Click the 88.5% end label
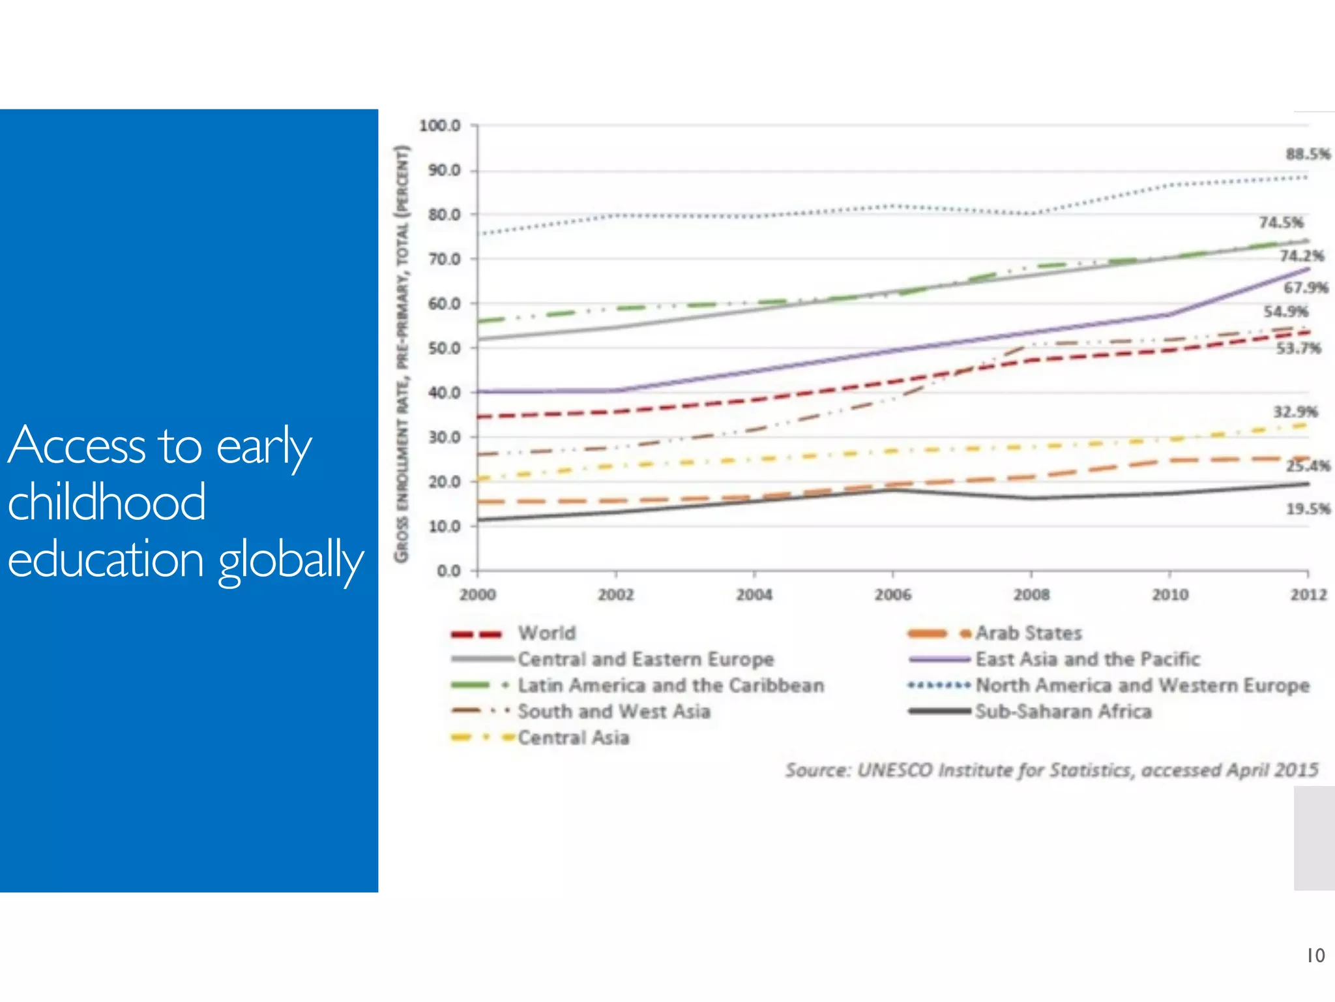[x=1307, y=155]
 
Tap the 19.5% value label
[x=1307, y=509]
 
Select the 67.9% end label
[x=1305, y=288]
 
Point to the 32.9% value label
[x=1295, y=412]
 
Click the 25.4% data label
[x=1307, y=466]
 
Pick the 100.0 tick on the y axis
[x=439, y=125]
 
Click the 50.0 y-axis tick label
[x=444, y=348]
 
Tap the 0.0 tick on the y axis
[x=448, y=571]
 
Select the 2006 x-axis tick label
[x=892, y=595]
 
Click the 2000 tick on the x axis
[x=477, y=595]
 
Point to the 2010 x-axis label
[x=1169, y=595]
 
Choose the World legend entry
[x=546, y=633]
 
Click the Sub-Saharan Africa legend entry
[x=1063, y=712]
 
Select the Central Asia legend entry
[x=573, y=738]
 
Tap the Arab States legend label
[x=1028, y=633]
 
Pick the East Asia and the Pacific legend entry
[x=1087, y=660]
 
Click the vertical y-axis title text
[x=402, y=352]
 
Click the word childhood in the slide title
[x=106, y=502]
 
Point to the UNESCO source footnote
[x=1051, y=770]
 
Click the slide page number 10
[x=1315, y=956]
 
